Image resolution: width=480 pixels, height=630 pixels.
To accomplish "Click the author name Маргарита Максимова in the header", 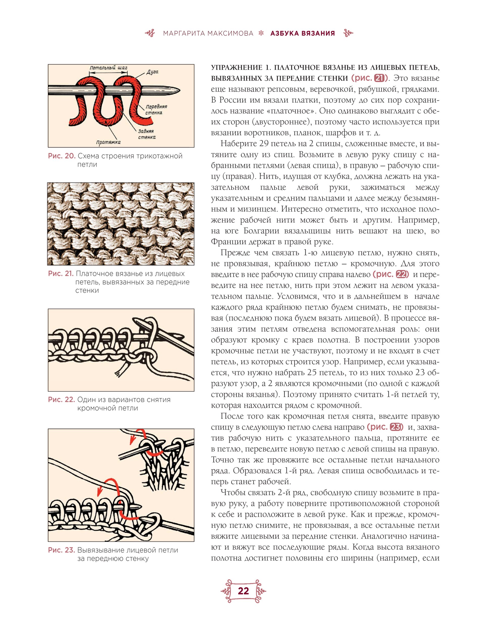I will pyautogui.click(x=208, y=33).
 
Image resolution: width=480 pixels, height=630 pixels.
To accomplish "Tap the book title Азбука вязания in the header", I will pyautogui.click(x=303, y=33).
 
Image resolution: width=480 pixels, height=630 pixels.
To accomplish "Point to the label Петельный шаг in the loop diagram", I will pyautogui.click(x=108, y=68).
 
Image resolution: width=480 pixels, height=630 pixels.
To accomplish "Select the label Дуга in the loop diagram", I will pyautogui.click(x=152, y=72).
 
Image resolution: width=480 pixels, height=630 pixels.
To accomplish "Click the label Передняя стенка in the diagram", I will pyautogui.click(x=156, y=109).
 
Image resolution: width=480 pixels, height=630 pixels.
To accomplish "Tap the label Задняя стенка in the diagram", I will pyautogui.click(x=147, y=134).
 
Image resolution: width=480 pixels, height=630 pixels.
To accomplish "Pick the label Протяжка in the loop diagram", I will pyautogui.click(x=108, y=142).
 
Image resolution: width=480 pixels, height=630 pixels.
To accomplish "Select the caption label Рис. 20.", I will pyautogui.click(x=61, y=156).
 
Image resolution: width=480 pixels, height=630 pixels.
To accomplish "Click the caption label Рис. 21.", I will pyautogui.click(x=61, y=274).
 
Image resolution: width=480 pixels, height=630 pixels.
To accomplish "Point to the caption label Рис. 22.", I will pyautogui.click(x=61, y=400).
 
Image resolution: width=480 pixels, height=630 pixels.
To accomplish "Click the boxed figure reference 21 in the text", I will pyautogui.click(x=380, y=78).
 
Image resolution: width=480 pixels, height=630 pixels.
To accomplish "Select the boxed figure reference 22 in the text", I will pyautogui.click(x=401, y=274).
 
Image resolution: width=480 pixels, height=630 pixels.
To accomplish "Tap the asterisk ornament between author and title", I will pyautogui.click(x=261, y=33).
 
